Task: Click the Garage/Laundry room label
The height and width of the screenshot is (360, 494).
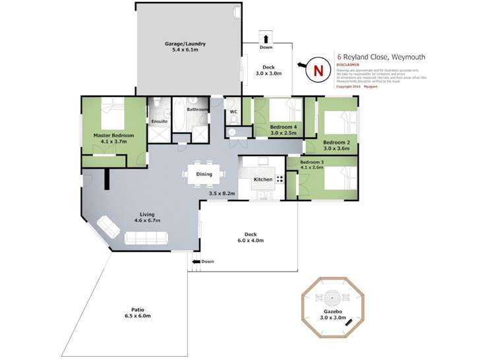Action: [185, 44]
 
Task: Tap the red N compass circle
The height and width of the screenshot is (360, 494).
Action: [318, 69]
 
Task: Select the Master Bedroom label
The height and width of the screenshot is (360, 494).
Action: [113, 135]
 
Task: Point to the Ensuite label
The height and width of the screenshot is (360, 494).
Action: [159, 121]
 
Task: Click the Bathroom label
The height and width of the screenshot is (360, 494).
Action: [197, 109]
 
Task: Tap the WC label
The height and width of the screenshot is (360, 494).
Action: [233, 111]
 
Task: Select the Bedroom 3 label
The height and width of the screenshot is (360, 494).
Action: [313, 162]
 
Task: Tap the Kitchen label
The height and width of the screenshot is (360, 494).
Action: [263, 179]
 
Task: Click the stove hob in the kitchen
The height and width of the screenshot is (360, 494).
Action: [280, 179]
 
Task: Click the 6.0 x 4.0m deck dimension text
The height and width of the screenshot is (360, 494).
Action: [251, 241]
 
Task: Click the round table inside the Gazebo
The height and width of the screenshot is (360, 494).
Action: [332, 297]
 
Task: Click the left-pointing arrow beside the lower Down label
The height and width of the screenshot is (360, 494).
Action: [196, 262]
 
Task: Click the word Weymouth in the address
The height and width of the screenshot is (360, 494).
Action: [406, 57]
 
